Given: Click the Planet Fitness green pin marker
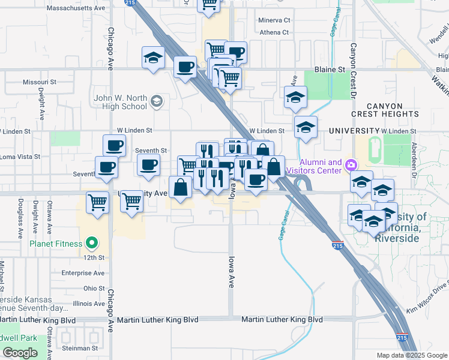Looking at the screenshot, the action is (x=92, y=244).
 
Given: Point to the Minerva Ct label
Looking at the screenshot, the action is (x=274, y=20).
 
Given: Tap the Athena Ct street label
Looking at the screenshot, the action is (x=274, y=32).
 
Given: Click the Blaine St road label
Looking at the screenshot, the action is (x=333, y=70).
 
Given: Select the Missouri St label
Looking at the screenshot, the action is (x=39, y=82).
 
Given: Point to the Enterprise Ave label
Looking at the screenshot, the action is (x=83, y=273).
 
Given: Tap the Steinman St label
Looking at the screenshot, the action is (x=80, y=348).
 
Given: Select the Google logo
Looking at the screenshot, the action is (x=20, y=353).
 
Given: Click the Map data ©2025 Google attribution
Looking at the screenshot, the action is (x=412, y=355).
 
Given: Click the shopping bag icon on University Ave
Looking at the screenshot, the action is (x=180, y=187).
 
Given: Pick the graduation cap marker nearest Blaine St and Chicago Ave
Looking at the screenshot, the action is (x=153, y=58).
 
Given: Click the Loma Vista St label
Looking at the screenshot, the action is (x=20, y=157).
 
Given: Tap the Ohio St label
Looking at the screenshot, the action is (x=94, y=289).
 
